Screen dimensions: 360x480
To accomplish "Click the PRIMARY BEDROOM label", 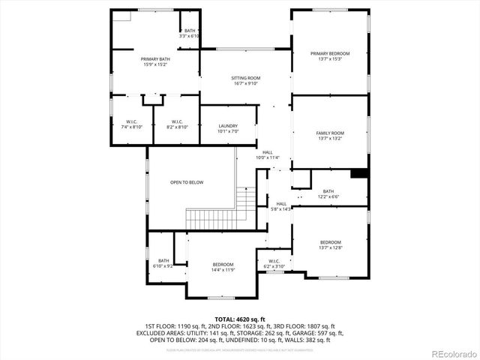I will point(330,53).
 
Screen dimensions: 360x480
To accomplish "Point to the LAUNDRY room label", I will point(228,126).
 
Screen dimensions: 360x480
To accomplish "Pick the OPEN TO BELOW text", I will point(186,182).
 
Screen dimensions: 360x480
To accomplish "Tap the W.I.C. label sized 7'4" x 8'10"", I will point(130,122).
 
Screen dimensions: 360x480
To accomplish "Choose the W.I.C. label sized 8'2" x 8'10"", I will point(177,122).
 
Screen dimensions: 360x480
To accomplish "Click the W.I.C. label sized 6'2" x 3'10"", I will point(274,262).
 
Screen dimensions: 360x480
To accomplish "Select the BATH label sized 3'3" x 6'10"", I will point(189,31).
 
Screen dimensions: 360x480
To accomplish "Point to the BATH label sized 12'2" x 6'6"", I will point(328,191).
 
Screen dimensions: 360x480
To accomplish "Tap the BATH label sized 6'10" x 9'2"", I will point(163,261).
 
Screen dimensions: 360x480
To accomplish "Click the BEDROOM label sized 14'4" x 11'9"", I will point(223,265).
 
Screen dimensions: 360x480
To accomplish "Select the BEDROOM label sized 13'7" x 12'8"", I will point(331,242).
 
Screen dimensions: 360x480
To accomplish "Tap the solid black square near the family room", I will point(359,173).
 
